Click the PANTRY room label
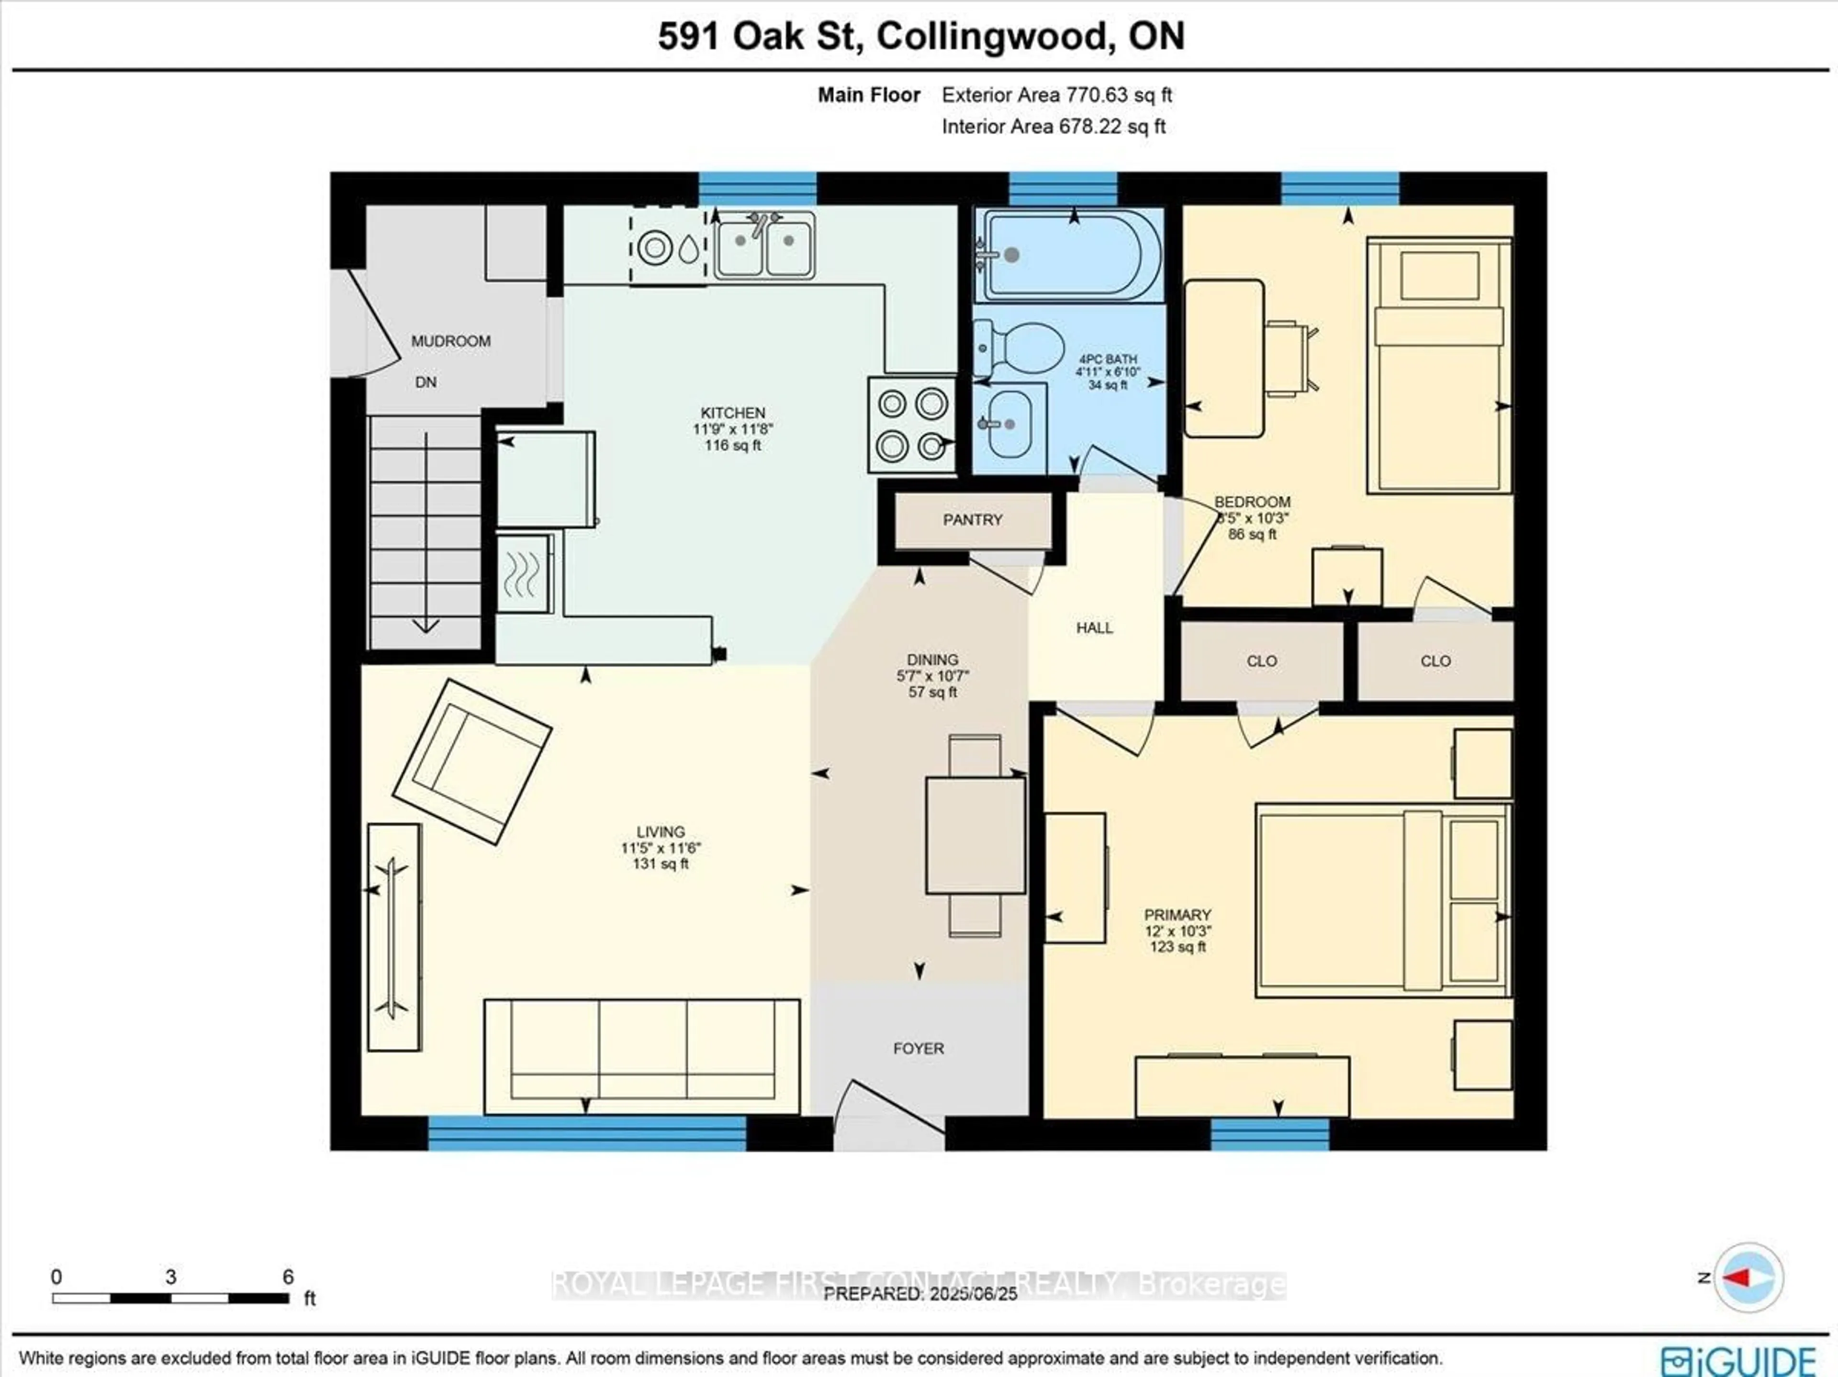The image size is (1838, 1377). tap(972, 519)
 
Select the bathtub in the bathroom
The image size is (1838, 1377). tap(1070, 254)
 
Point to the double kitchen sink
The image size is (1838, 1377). tap(764, 244)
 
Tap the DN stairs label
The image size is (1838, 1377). tap(426, 382)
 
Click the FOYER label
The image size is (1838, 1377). tap(918, 1049)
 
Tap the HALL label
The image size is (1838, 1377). tap(1094, 627)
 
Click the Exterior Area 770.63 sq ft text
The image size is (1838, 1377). tap(1056, 95)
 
